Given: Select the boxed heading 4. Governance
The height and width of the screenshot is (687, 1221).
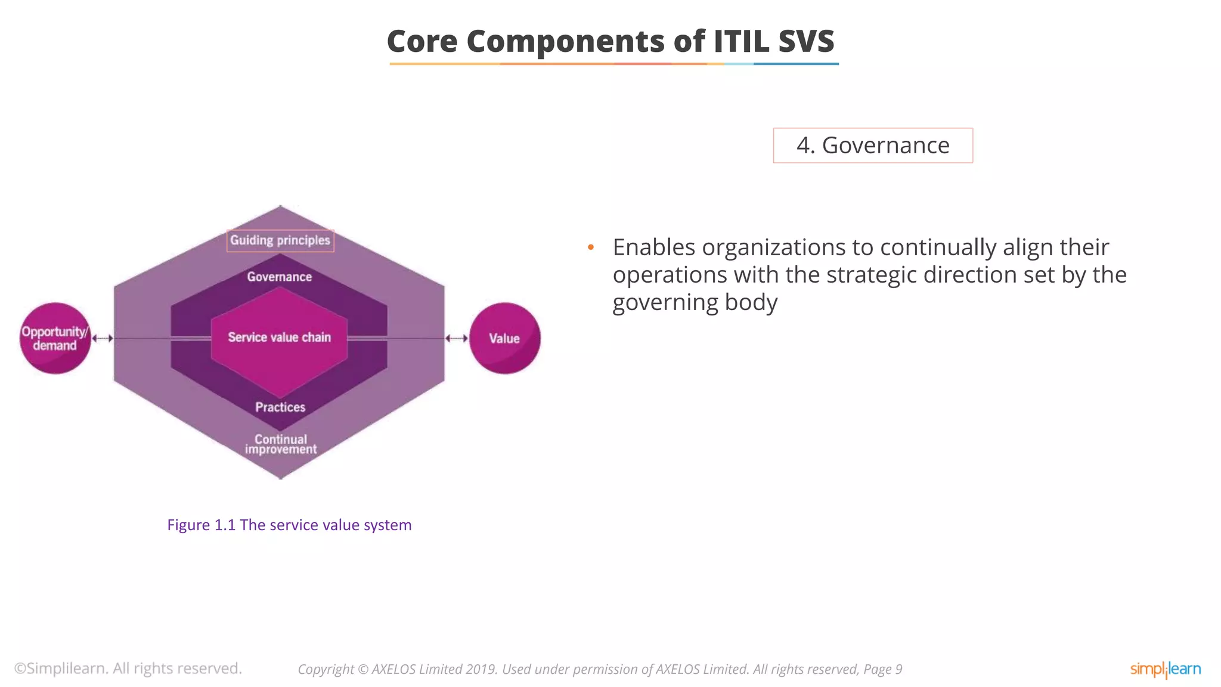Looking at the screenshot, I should [x=872, y=146].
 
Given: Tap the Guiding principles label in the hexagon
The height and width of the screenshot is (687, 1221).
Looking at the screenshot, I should [x=280, y=240].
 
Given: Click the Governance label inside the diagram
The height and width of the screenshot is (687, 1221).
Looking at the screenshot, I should [x=280, y=277].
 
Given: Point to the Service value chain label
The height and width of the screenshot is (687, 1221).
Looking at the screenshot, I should [x=279, y=338].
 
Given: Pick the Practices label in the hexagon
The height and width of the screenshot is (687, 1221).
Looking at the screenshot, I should [x=280, y=407].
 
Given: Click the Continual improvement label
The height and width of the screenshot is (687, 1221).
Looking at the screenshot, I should [x=281, y=444].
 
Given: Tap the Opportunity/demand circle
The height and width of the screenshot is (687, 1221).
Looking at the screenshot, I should [x=55, y=339].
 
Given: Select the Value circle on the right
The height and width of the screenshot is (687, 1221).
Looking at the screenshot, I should [x=504, y=339].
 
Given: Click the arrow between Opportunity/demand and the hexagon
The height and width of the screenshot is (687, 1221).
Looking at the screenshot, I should [x=103, y=338].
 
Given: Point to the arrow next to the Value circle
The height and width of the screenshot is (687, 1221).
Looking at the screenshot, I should [x=457, y=338].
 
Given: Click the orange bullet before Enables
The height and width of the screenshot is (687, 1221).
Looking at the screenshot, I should [x=591, y=247].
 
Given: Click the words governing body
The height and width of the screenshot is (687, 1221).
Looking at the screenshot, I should [x=695, y=302].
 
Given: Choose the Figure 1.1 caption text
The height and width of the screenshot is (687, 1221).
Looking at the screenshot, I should [x=289, y=525].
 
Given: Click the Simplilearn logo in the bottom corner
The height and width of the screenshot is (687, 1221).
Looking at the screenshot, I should [x=1165, y=669].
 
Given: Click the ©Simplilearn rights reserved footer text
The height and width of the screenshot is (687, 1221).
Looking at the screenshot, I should [x=128, y=669].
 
